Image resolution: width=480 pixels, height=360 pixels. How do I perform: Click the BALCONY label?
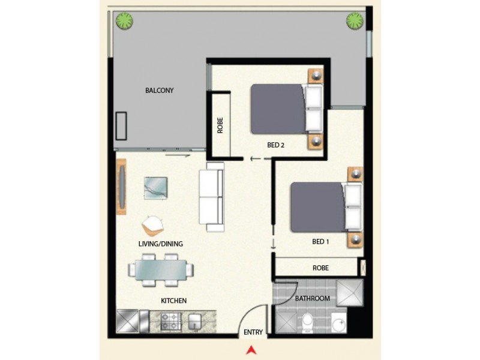[x=160, y=91]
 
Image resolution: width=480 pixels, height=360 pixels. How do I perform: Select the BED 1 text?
[x=321, y=241]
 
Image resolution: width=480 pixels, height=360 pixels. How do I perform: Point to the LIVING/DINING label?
[x=160, y=244]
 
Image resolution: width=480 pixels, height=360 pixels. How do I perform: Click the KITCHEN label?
[x=173, y=300]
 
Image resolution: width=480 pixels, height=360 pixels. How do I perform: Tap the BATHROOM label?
[x=312, y=298]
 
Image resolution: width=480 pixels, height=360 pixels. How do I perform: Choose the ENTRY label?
[x=253, y=332]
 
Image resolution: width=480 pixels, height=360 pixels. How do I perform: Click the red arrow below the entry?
[x=253, y=350]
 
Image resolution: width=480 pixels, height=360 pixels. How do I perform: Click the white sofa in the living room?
[x=211, y=197]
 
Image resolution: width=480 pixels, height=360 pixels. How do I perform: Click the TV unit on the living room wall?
[x=122, y=187]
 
